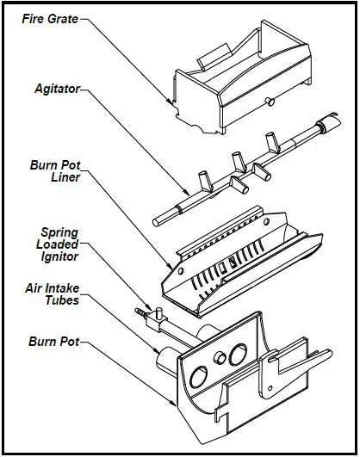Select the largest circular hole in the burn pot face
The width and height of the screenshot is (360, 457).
(x=198, y=376)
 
